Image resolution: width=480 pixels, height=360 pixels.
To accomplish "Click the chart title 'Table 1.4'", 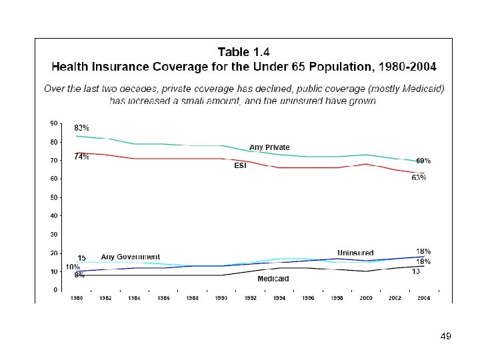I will tap(243, 51).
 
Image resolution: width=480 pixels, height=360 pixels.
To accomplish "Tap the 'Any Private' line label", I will tap(269, 147).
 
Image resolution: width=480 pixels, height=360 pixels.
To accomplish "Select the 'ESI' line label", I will tap(240, 165).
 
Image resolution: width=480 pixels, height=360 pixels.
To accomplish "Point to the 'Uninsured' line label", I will tap(355, 253).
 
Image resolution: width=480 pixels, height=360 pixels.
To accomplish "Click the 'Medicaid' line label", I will tap(273, 279).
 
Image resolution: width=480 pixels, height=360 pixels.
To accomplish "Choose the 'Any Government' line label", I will tap(131, 257).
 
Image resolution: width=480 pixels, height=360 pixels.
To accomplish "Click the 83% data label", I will tap(81, 127).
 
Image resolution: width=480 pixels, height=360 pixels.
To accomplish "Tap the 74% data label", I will tap(81, 157).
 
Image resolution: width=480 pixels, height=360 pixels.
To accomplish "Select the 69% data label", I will tap(423, 161).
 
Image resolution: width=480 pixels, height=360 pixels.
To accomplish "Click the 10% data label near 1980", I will tap(73, 267).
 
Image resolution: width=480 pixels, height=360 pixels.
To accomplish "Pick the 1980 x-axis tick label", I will tap(77, 299).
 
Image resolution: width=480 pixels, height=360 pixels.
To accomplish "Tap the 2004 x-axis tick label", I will tap(423, 299).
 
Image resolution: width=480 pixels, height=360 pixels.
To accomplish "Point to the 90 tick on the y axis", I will tap(53, 123).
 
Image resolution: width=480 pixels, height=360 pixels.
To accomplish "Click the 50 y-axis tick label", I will tap(53, 197).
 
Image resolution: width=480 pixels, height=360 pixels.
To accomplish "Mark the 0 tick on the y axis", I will tap(55, 290).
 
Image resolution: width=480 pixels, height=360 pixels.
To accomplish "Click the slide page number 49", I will tap(446, 337).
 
